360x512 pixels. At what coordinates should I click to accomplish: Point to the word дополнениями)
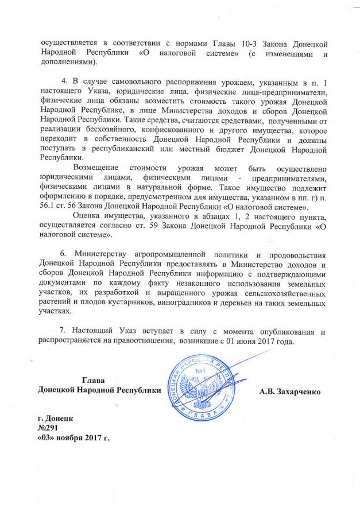[x=67, y=63]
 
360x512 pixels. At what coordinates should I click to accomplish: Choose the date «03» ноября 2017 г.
[x=73, y=439]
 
